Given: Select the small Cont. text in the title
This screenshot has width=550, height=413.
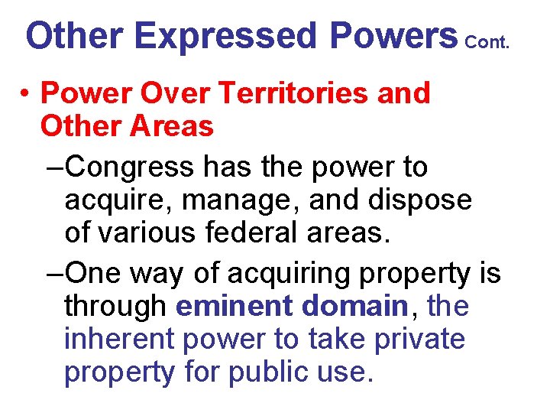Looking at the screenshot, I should (487, 43).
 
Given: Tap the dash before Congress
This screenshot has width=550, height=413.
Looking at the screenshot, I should (53, 167).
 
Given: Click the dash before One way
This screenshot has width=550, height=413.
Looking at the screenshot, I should (53, 273).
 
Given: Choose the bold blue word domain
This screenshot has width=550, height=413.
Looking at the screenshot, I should (354, 306).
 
